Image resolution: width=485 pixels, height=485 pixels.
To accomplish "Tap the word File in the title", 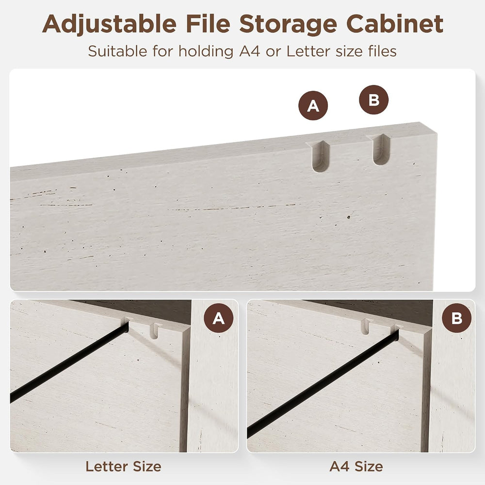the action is click(x=208, y=23).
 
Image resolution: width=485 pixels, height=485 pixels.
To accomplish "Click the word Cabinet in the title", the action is click(x=395, y=23).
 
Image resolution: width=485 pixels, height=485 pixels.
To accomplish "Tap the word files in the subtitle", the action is click(x=382, y=51).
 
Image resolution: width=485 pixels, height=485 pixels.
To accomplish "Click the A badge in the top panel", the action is click(x=313, y=106).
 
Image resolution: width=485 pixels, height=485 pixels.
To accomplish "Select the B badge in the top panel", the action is click(x=373, y=100).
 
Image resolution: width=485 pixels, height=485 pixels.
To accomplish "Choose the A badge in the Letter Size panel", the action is click(x=219, y=318).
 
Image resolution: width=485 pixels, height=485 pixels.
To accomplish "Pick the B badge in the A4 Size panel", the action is click(x=456, y=318).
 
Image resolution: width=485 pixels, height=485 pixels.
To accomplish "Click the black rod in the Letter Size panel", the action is click(x=69, y=362).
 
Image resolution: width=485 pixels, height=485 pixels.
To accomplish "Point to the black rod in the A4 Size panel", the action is click(x=323, y=384).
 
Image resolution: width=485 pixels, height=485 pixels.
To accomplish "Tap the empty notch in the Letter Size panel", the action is click(x=154, y=331).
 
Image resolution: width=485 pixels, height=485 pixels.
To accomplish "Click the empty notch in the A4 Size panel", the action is click(x=365, y=326).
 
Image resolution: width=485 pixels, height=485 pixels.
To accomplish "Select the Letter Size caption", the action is click(x=123, y=466).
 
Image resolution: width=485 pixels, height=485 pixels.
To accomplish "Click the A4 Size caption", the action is click(x=356, y=466).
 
